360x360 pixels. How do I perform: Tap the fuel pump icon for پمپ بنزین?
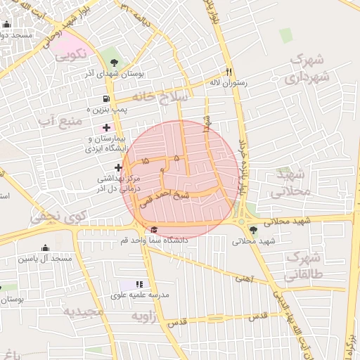click(x=106, y=99)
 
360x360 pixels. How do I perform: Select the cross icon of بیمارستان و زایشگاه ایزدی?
click(x=107, y=127)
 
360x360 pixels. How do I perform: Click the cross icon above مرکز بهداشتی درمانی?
click(x=118, y=167)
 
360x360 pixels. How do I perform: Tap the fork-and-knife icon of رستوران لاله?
click(x=229, y=71)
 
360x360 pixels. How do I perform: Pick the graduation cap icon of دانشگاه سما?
click(x=154, y=229)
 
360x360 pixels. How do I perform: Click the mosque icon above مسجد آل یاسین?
click(x=46, y=247)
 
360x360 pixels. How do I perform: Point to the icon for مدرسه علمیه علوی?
click(x=139, y=284)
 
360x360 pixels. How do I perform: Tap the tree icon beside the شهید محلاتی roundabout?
click(x=253, y=230)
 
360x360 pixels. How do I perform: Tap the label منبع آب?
click(x=60, y=122)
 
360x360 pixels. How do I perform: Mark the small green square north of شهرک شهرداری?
click(x=285, y=35)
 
